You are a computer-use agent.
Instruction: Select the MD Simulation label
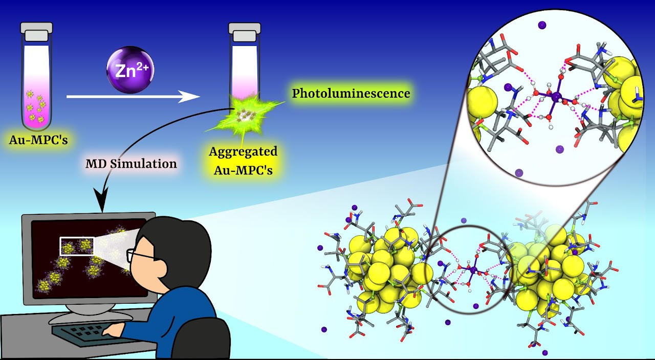(131, 164)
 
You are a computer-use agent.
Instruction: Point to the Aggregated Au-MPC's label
(243, 160)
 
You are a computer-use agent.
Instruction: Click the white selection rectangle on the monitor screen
(77, 246)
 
